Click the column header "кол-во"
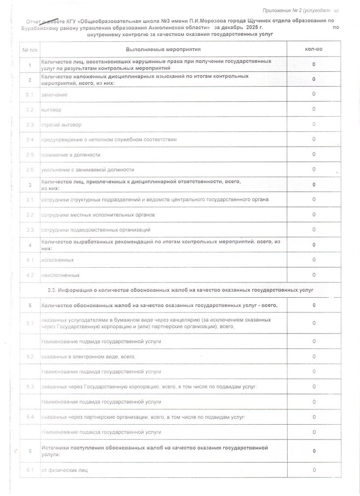pos(313,50)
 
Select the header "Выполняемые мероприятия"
pos(163,50)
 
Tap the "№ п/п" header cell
pos(30,50)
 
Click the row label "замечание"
pos(55,94)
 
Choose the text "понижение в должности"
pos(71,155)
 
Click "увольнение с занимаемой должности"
pos(88,169)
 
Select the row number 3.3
pos(30,230)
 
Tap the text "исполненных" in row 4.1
pos(58,260)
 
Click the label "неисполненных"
pos(60,275)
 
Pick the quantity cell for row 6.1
pos(314,470)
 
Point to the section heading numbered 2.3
pos(180,290)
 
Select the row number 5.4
pos(30,417)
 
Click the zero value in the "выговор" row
pos(314,109)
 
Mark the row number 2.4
pos(30,140)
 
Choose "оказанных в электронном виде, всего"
pos(89,356)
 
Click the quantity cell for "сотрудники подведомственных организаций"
pos(314,230)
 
